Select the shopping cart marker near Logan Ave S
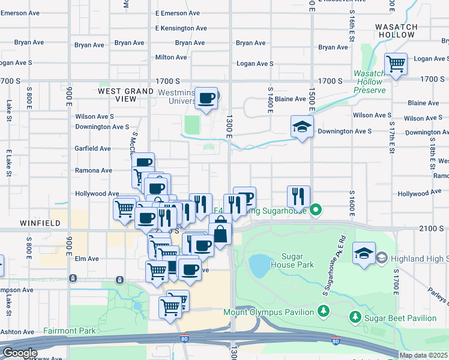[x=396, y=63]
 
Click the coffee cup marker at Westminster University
[x=206, y=98]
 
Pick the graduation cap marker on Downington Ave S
[x=302, y=126]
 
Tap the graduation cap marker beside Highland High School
[x=364, y=252]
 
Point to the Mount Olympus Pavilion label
[x=268, y=312]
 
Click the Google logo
[x=19, y=353]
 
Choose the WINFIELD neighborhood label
[x=40, y=223]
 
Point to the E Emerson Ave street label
[x=177, y=13]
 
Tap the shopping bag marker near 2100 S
[x=221, y=233]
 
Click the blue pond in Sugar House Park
[x=259, y=265]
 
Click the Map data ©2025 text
[x=423, y=355]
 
